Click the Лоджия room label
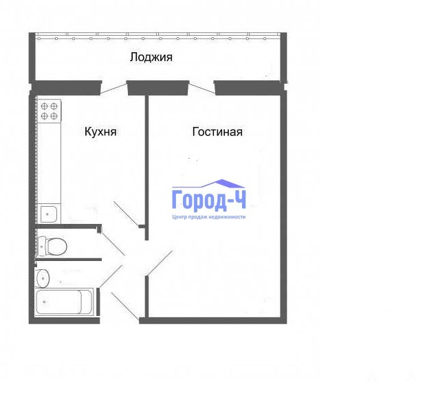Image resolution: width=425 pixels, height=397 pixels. tap(151, 57)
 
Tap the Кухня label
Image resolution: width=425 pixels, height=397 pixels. tap(100, 131)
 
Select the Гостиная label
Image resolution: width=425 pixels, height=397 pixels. tap(217, 132)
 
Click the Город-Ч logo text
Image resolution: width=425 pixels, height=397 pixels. tap(209, 201)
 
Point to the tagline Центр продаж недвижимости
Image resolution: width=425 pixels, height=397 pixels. tap(208, 217)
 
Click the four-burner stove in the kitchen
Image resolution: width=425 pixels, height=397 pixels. tap(49, 111)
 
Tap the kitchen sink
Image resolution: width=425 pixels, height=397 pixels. tap(49, 214)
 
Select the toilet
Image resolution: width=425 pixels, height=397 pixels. tap(52, 247)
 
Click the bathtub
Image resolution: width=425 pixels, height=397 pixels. tap(64, 302)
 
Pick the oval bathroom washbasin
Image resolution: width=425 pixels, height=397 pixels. tap(43, 278)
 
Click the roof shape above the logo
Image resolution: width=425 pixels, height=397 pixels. tap(208, 183)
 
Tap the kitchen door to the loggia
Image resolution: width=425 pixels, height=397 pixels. tap(114, 89)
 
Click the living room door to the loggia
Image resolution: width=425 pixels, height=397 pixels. tap(202, 89)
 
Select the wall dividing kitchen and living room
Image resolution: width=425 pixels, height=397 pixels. tap(146, 168)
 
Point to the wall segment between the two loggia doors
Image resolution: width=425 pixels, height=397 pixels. tap(157, 88)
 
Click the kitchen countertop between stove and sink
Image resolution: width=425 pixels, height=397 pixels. tap(49, 163)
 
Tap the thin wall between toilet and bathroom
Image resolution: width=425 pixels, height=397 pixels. tap(68, 260)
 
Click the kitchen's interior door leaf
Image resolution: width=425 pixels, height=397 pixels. tap(127, 214)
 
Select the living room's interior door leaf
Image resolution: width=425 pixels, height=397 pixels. tap(160, 263)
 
